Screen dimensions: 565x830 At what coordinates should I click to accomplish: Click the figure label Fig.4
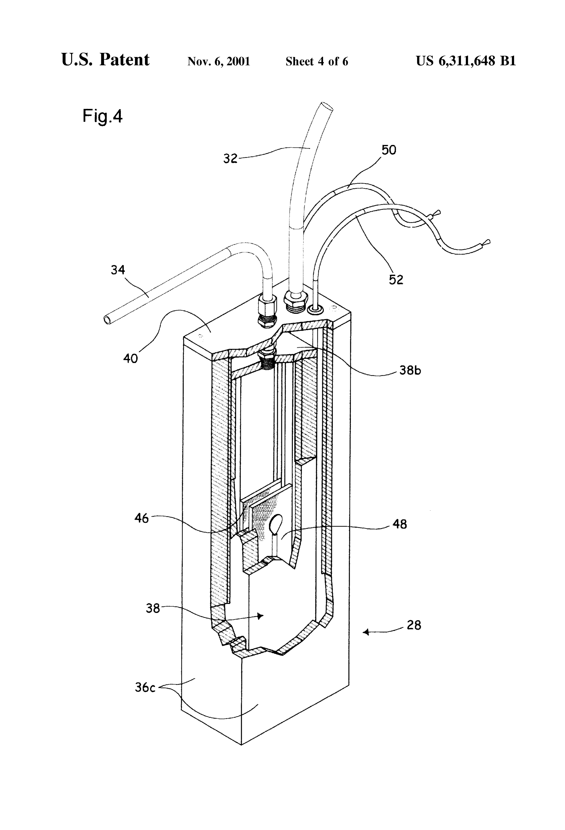click(103, 116)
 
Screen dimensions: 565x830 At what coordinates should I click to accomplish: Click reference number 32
click(230, 158)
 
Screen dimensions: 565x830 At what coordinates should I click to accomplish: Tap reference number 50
click(389, 150)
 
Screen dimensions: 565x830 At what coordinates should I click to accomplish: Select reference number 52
click(396, 279)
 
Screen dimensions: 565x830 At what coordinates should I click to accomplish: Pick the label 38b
click(410, 370)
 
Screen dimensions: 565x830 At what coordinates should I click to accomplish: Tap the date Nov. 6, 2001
click(218, 61)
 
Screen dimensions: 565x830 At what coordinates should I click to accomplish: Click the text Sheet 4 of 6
click(317, 61)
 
